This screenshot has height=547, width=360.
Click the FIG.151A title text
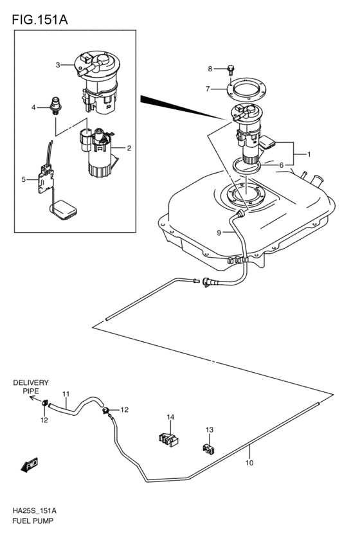tap(39, 20)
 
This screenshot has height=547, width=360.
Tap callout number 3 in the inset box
tap(57, 65)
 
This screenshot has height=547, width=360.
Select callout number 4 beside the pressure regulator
tap(34, 107)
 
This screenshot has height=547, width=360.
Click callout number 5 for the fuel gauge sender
tap(24, 179)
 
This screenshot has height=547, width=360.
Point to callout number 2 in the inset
tap(129, 148)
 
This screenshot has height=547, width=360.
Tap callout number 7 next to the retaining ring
tap(208, 89)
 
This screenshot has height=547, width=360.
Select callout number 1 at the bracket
tap(309, 154)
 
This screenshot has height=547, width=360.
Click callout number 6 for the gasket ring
tap(280, 165)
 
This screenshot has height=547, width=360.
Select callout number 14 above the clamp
tap(171, 417)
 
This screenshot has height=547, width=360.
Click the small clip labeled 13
tap(208, 448)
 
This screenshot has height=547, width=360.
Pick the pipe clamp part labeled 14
tap(168, 439)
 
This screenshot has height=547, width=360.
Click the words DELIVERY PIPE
tap(31, 386)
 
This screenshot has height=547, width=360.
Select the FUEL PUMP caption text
tap(32, 521)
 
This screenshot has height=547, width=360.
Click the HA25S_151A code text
tap(34, 510)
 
